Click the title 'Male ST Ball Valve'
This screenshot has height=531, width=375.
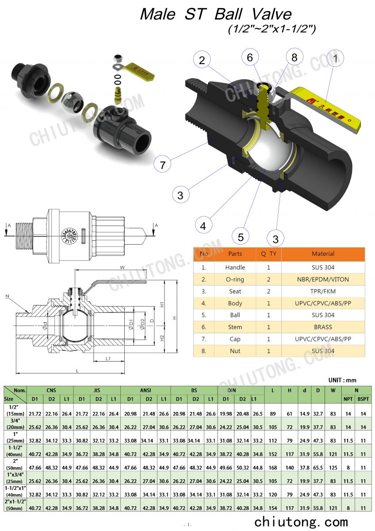click(x=216, y=14)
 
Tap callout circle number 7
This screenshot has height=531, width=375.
click(x=163, y=165)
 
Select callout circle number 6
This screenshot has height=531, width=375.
click(x=250, y=58)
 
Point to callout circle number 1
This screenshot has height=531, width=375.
click(x=335, y=58)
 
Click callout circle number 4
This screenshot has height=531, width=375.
click(x=203, y=226)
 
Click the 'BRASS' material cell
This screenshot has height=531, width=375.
click(x=323, y=327)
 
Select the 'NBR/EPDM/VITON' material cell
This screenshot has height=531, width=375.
click(x=323, y=279)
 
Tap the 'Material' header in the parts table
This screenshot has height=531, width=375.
click(x=323, y=254)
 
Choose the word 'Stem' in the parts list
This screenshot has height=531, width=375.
click(x=235, y=327)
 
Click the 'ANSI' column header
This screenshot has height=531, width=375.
click(x=145, y=390)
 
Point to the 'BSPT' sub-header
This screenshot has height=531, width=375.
click(x=363, y=399)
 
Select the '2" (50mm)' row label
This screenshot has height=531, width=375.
click(x=15, y=464)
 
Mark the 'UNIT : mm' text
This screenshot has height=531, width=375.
click(x=342, y=380)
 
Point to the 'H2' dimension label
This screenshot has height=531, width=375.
click(x=162, y=338)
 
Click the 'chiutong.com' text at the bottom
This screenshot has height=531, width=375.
click(x=301, y=521)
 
